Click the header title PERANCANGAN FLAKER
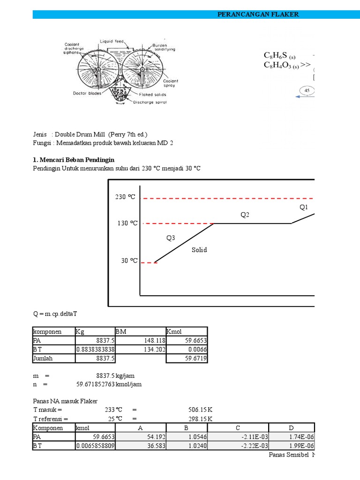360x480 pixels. pyautogui.click(x=258, y=15)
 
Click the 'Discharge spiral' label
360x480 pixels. pyautogui.click(x=150, y=102)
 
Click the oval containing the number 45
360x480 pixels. pyautogui.click(x=307, y=90)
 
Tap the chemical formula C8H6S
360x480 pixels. pyautogui.click(x=280, y=56)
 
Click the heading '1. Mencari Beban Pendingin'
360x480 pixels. pyautogui.click(x=74, y=160)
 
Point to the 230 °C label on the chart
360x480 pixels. pyautogui.click(x=125, y=197)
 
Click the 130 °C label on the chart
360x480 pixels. pyautogui.click(x=127, y=223)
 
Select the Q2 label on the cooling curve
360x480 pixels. pyautogui.click(x=245, y=215)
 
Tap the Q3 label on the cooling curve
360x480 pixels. pyautogui.click(x=171, y=238)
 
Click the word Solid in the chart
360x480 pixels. pyautogui.click(x=199, y=250)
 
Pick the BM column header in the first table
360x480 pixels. pyautogui.click(x=121, y=332)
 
